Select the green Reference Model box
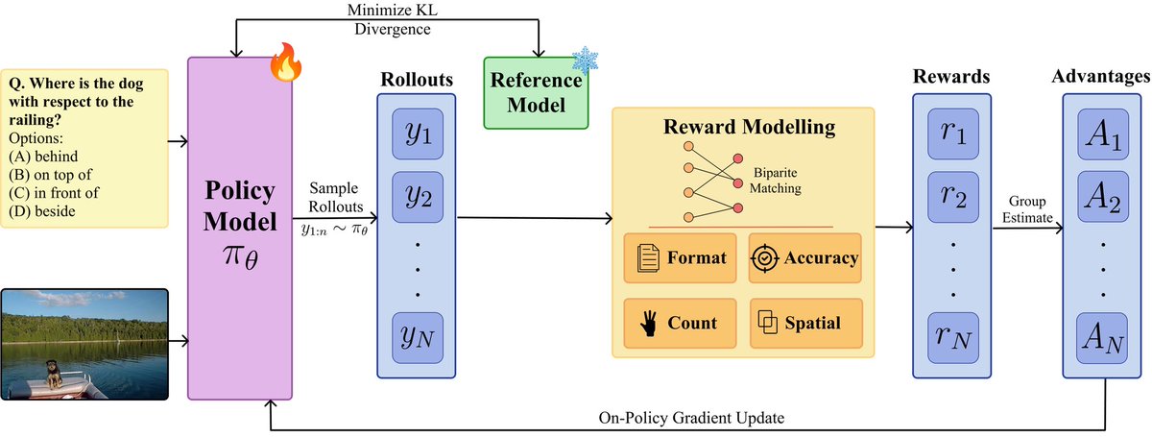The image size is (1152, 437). point(533,92)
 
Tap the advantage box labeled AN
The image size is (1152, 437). point(1102,336)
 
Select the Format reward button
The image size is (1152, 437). point(680,257)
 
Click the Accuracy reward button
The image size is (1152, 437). point(805,257)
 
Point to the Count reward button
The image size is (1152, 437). point(680,322)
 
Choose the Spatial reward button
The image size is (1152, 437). point(805,322)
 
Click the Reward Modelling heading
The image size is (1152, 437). point(744,127)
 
